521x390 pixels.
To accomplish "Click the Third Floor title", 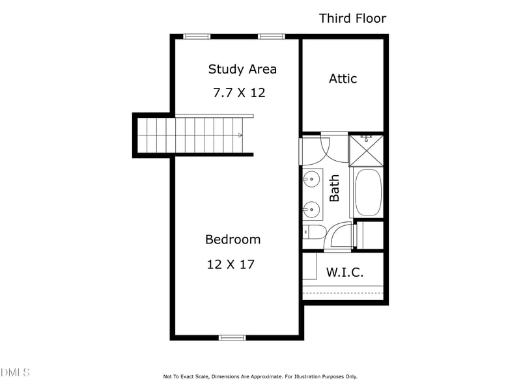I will [x=352, y=18].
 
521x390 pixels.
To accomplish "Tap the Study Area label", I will [x=242, y=69].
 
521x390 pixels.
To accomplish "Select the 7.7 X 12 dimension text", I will [x=239, y=92].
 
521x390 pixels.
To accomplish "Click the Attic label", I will [x=343, y=79].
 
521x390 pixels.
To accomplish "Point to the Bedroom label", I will [x=232, y=240].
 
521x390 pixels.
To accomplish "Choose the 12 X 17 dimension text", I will [x=230, y=264].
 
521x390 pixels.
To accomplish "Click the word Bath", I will [x=335, y=188].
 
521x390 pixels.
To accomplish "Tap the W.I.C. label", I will [x=345, y=272].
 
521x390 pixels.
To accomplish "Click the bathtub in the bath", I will [x=368, y=193].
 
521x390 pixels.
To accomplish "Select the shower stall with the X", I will [x=366, y=150].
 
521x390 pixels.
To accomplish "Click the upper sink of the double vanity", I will [x=311, y=177].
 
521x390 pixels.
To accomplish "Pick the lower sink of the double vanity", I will [x=311, y=209].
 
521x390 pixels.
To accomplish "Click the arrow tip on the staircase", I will [x=242, y=135].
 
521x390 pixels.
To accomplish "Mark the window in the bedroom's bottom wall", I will [x=232, y=337].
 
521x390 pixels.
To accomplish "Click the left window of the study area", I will [x=197, y=36].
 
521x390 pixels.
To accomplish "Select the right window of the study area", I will [x=272, y=36].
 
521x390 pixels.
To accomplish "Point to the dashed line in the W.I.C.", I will [x=343, y=293].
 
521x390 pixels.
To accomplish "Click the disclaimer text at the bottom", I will [x=260, y=376].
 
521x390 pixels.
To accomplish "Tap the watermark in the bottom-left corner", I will [x=15, y=372].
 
